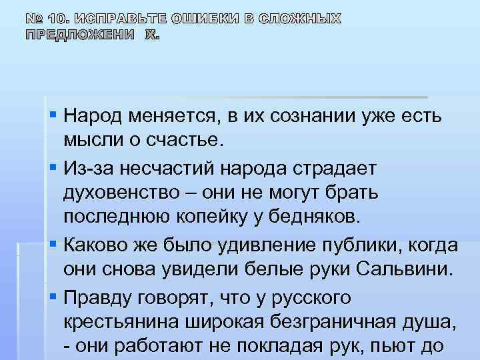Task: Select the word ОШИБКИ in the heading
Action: pyautogui.click(x=199, y=18)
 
